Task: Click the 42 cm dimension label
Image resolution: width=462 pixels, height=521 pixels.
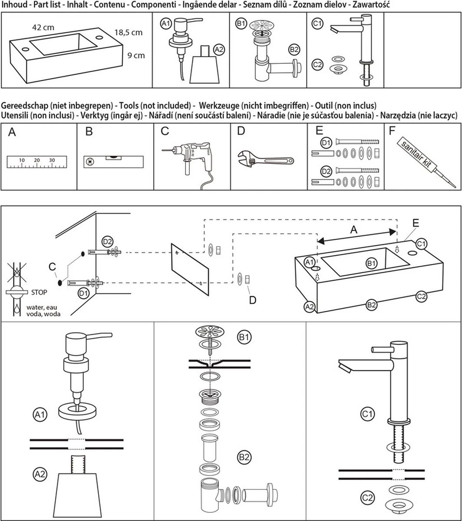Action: click(x=43, y=27)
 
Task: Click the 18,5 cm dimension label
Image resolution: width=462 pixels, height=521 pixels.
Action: click(x=129, y=33)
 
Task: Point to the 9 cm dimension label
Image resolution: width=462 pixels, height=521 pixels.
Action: click(x=136, y=55)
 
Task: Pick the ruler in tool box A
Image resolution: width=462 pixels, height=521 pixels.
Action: click(x=37, y=162)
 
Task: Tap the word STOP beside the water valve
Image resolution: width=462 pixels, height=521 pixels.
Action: click(x=39, y=292)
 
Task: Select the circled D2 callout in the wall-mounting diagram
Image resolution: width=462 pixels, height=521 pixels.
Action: click(x=107, y=241)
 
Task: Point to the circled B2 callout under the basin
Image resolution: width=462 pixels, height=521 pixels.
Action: click(x=371, y=305)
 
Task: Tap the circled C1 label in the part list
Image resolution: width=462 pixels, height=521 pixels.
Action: click(x=317, y=24)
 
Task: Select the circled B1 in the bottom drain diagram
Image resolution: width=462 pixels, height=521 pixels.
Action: click(x=244, y=336)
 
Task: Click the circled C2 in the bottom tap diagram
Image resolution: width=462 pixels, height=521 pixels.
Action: click(x=367, y=496)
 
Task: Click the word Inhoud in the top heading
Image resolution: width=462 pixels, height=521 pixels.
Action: click(x=15, y=5)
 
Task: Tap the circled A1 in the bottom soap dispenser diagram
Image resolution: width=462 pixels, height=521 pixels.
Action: click(x=40, y=415)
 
